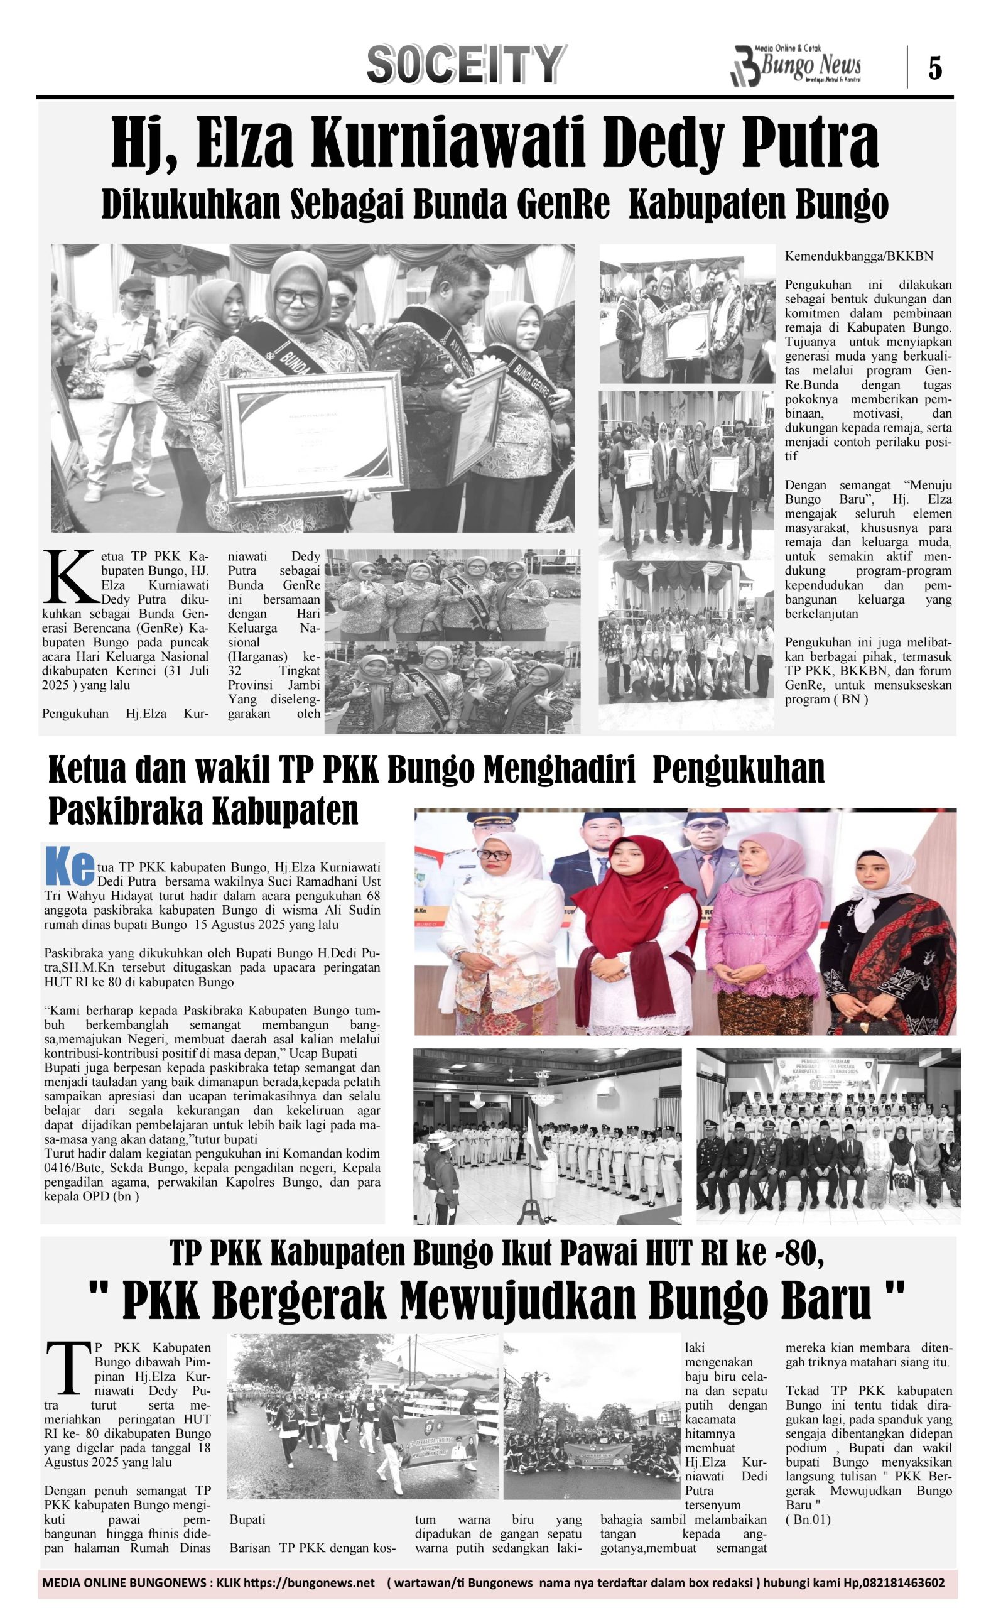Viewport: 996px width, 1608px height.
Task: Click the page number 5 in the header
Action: pyautogui.click(x=934, y=68)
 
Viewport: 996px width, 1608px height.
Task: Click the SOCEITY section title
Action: pyautogui.click(x=465, y=65)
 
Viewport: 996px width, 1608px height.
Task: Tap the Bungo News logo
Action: pyautogui.click(x=796, y=67)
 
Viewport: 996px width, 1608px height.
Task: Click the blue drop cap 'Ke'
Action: pyautogui.click(x=70, y=866)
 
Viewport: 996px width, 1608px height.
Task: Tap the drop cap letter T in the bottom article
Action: pyautogui.click(x=68, y=1368)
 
